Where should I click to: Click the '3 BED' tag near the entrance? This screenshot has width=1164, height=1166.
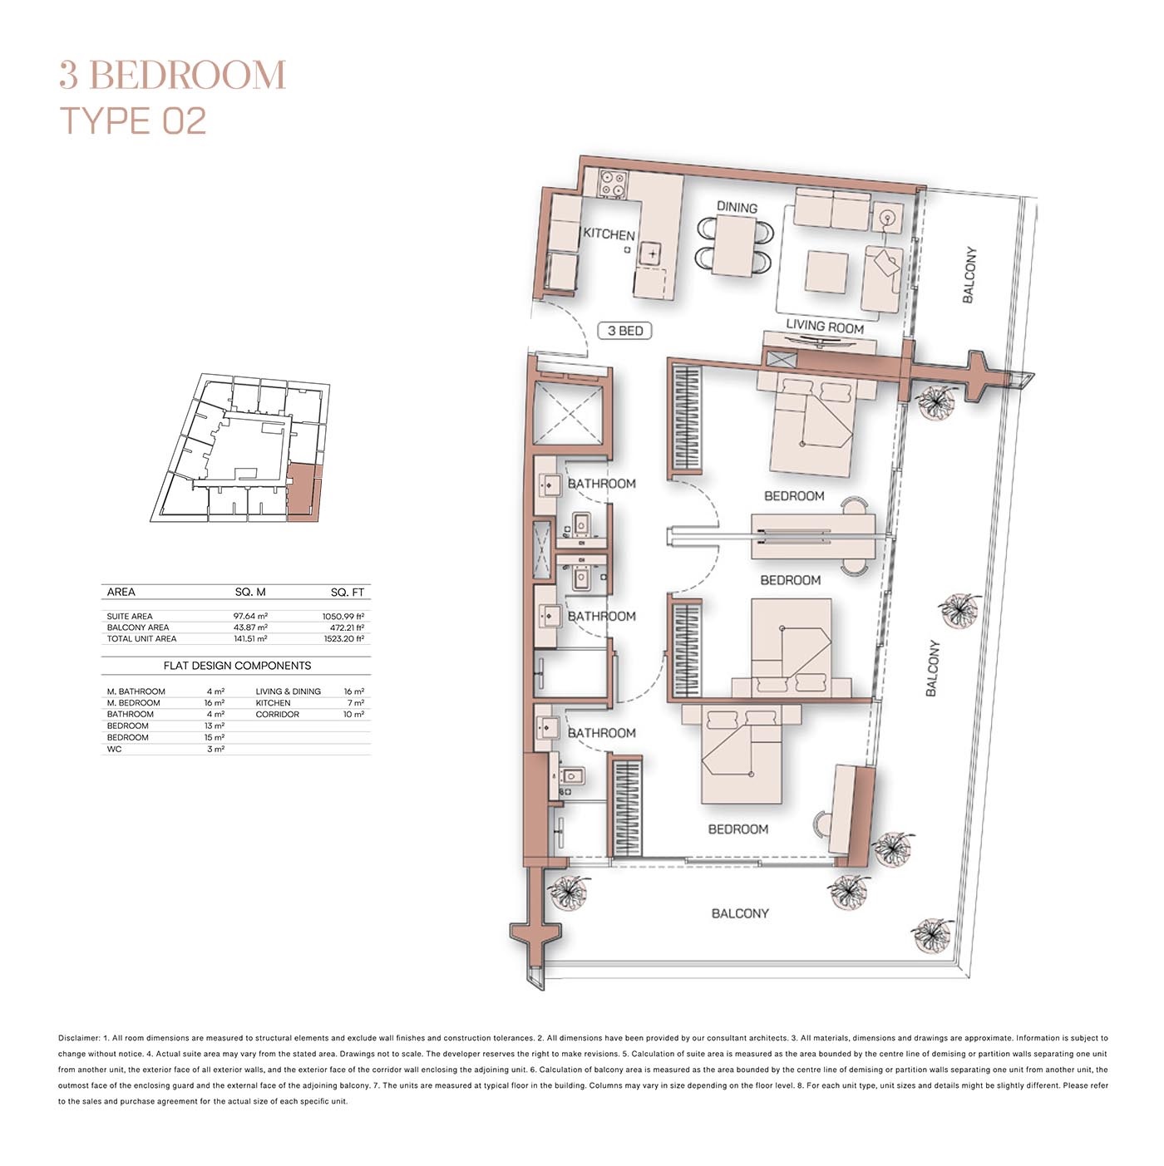[x=625, y=331]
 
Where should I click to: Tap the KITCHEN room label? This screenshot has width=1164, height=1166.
[x=609, y=234]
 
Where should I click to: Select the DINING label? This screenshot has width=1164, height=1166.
[x=737, y=207]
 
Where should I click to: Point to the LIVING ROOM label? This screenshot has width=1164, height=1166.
[x=825, y=327]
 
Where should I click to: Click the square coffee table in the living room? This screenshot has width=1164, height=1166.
[x=826, y=271]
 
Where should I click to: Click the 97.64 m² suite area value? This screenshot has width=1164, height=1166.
[x=250, y=617]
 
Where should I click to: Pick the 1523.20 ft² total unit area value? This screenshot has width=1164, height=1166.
[x=343, y=639]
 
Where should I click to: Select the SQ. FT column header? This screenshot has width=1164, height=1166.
[x=347, y=593]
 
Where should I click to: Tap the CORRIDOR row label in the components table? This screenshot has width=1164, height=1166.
[x=277, y=715]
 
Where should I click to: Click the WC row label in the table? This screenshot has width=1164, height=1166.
[x=114, y=750]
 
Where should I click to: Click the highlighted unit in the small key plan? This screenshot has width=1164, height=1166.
[x=303, y=494]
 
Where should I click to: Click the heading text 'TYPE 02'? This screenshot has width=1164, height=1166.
[x=133, y=121]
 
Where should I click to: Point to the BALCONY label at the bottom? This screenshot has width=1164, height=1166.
[x=740, y=913]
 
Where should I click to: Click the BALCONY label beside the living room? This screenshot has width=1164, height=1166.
[x=969, y=274]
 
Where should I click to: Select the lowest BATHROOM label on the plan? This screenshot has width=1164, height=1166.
[x=601, y=733]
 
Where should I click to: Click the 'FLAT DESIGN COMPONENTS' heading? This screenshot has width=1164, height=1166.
[x=237, y=666]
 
